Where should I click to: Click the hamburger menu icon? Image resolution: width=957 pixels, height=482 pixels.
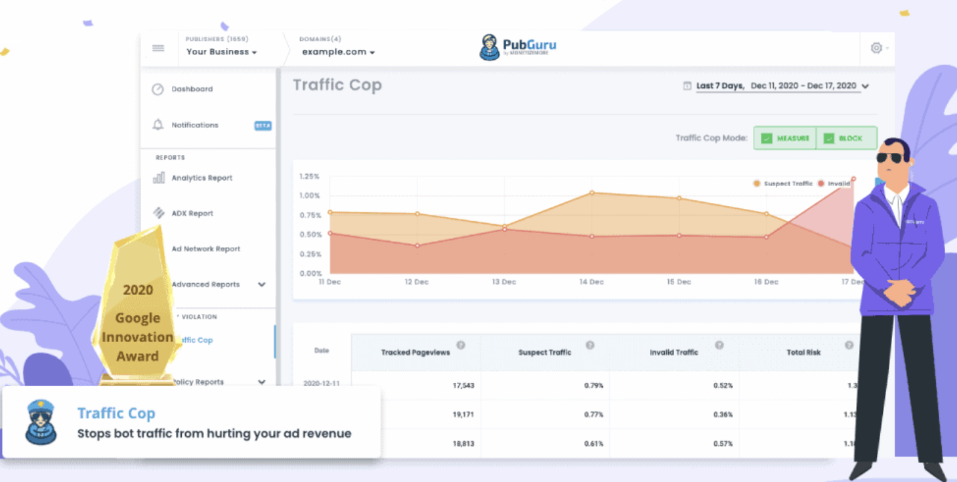pyautogui.click(x=158, y=48)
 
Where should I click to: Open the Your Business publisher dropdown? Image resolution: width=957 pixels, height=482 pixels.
pyautogui.click(x=221, y=52)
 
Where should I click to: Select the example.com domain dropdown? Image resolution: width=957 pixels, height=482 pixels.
pyautogui.click(x=338, y=52)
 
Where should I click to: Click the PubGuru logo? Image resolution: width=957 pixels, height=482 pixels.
pyautogui.click(x=519, y=47)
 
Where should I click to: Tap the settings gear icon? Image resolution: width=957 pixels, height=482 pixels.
pyautogui.click(x=876, y=48)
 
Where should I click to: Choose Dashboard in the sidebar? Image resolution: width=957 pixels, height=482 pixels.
pyautogui.click(x=192, y=89)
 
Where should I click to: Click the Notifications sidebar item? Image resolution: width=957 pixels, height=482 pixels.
pyautogui.click(x=194, y=125)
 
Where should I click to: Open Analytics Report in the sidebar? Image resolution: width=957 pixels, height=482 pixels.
pyautogui.click(x=202, y=178)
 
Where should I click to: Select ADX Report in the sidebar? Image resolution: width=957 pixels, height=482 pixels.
pyautogui.click(x=192, y=213)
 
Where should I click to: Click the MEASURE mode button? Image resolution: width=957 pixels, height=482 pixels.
pyautogui.click(x=785, y=138)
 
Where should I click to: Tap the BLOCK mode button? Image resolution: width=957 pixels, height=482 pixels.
pyautogui.click(x=846, y=138)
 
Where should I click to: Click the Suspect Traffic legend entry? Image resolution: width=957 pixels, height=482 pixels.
pyautogui.click(x=784, y=184)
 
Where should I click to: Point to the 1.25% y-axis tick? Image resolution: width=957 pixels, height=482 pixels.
pyautogui.click(x=309, y=177)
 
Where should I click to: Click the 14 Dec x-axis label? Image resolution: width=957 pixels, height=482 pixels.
pyautogui.click(x=591, y=282)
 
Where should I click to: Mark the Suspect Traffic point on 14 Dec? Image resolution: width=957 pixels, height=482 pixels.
pyautogui.click(x=592, y=193)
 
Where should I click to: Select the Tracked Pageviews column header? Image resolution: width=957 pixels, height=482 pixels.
pyautogui.click(x=415, y=353)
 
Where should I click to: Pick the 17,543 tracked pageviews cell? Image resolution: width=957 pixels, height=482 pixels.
pyautogui.click(x=463, y=385)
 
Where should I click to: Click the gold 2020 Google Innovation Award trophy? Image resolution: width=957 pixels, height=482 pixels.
pyautogui.click(x=138, y=309)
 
